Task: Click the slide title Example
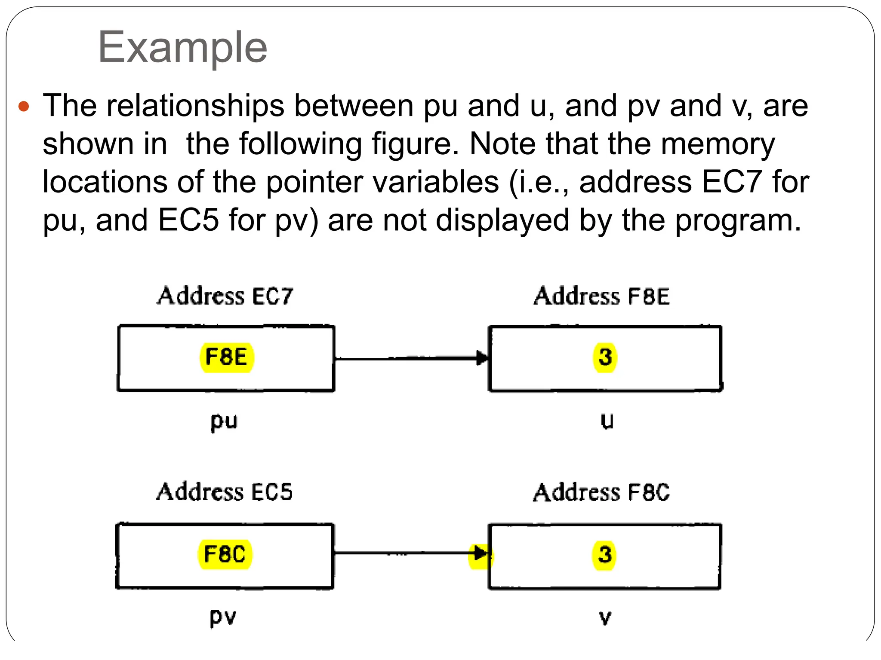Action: tap(182, 47)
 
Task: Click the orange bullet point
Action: tap(24, 106)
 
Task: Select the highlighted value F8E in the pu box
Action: tap(226, 357)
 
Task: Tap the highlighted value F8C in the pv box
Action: tap(225, 554)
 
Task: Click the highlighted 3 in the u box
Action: tap(605, 357)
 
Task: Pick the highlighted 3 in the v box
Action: tap(604, 555)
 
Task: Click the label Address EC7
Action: tap(225, 296)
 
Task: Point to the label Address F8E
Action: tap(601, 296)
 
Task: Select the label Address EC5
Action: tap(224, 492)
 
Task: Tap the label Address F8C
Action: tap(601, 492)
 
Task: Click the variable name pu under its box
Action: tap(224, 422)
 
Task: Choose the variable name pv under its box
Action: tap(222, 617)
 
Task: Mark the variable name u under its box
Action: tap(607, 421)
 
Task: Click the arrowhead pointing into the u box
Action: tap(483, 358)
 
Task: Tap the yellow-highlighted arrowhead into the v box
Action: tap(481, 553)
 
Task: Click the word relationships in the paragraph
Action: tap(195, 106)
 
